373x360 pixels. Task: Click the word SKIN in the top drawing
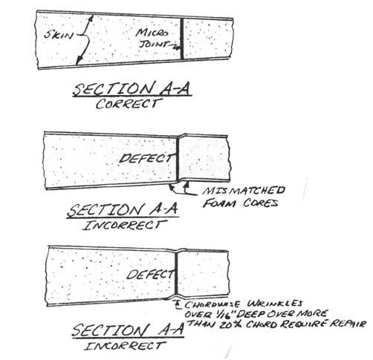coord(59,35)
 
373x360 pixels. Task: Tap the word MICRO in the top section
coord(152,33)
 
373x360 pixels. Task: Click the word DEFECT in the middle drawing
coord(146,158)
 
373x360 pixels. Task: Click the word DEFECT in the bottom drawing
coord(150,274)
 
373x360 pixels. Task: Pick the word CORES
coord(260,203)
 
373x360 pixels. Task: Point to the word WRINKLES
coord(275,304)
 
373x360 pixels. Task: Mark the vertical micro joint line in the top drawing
coord(182,39)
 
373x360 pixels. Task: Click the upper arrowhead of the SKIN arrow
coord(91,18)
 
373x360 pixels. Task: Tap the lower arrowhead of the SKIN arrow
coord(79,61)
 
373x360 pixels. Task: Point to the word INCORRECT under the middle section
coord(125,226)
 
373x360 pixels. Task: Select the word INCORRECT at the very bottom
coord(124,346)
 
